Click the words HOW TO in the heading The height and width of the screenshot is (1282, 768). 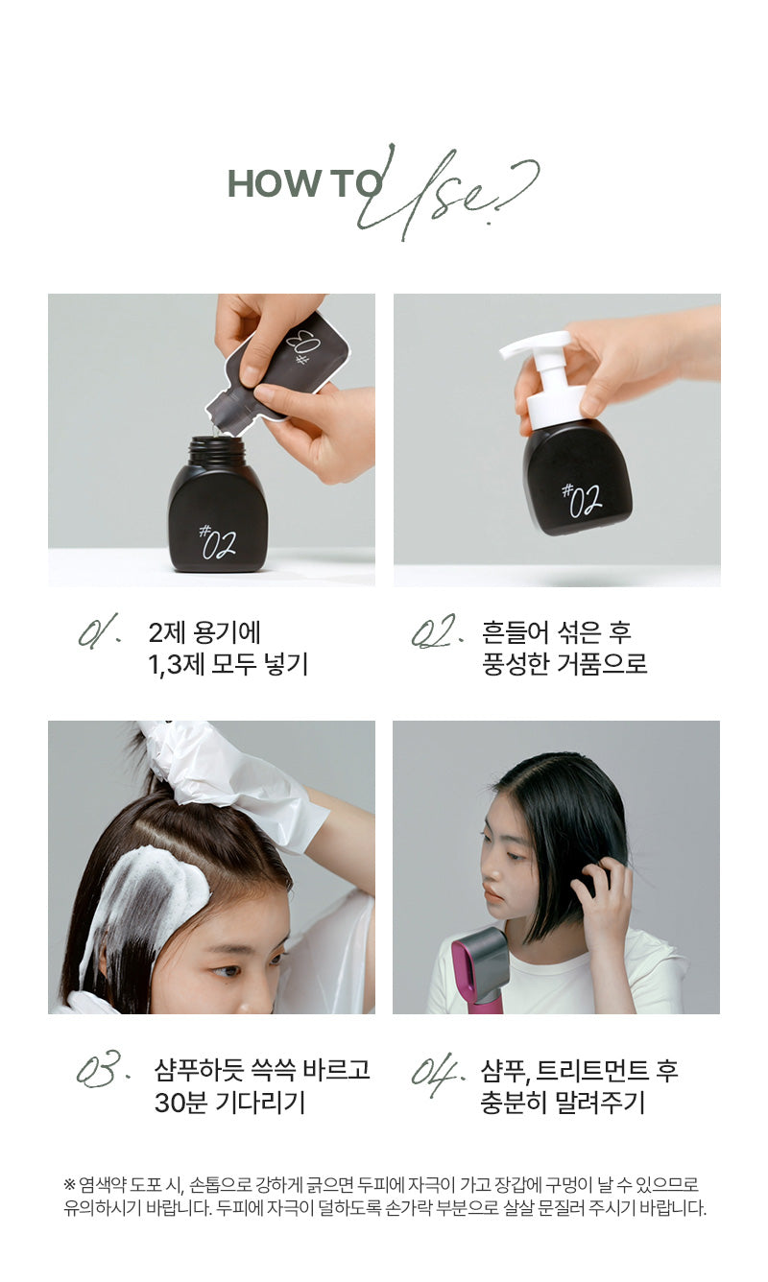pyautogui.click(x=303, y=183)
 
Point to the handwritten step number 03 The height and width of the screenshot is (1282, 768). pyautogui.click(x=99, y=1068)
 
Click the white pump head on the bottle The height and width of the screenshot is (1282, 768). pyautogui.click(x=542, y=365)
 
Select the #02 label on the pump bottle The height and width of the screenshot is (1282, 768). pyautogui.click(x=580, y=499)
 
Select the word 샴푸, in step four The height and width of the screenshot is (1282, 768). pyautogui.click(x=506, y=1070)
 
